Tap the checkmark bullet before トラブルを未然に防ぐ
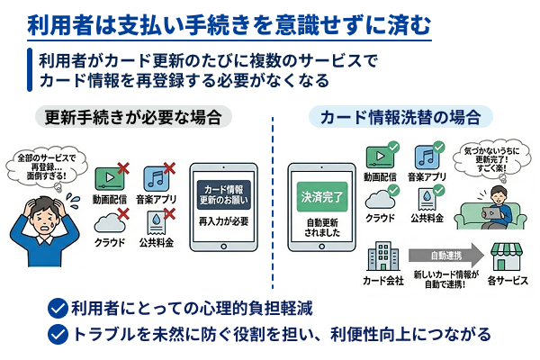(58, 334)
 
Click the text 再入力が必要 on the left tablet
(223, 220)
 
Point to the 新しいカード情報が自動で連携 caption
(447, 278)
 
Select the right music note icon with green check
(428, 161)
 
